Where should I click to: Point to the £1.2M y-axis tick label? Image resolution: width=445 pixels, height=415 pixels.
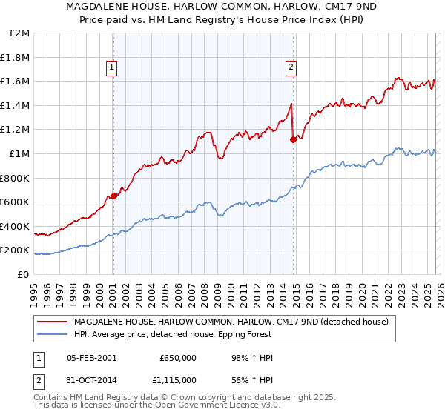[x=16, y=130]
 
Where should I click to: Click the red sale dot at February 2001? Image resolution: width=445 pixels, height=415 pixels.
[x=113, y=196]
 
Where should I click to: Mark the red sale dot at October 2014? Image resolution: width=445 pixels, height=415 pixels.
[x=294, y=139]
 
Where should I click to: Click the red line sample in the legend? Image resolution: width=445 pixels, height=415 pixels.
[x=52, y=322]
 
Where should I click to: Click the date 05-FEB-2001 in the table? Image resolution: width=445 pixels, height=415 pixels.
[x=91, y=358]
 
